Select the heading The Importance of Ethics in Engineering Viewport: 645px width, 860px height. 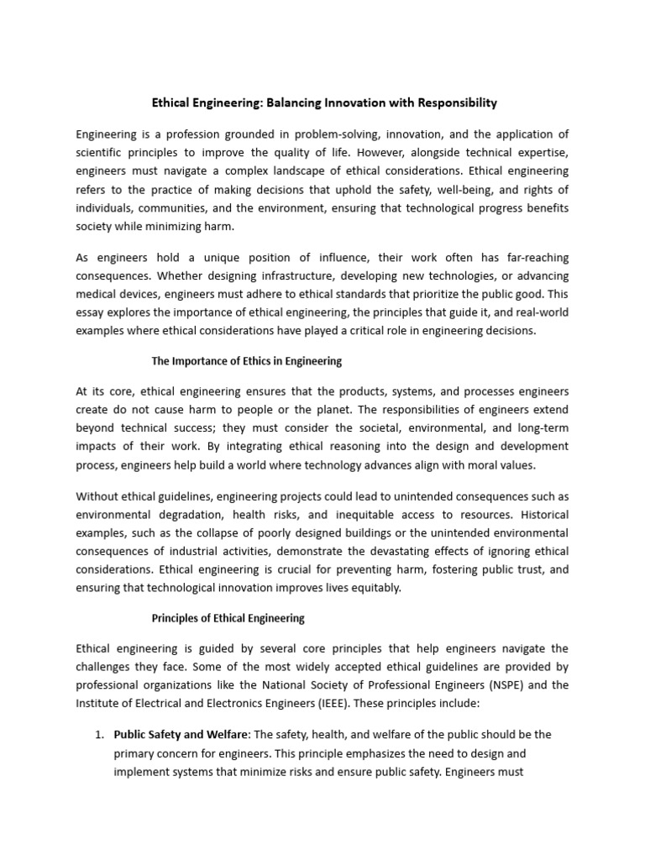[246, 361]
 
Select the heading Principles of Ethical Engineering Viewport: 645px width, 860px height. [228, 618]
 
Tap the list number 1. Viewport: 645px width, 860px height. [97, 734]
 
